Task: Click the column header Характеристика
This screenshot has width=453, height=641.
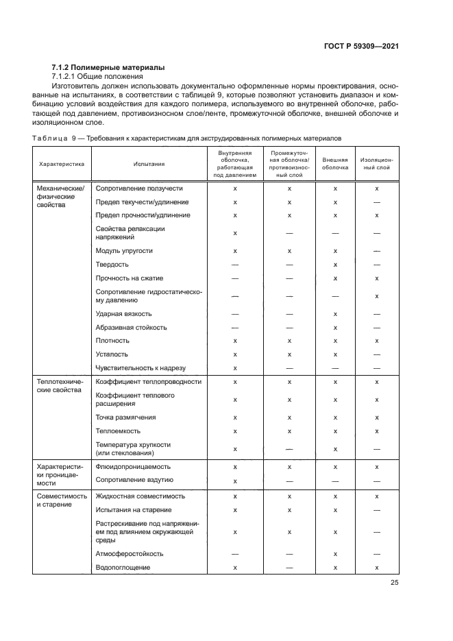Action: [61, 164]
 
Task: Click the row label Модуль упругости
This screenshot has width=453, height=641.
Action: [124, 251]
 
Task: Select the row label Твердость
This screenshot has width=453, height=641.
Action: [112, 265]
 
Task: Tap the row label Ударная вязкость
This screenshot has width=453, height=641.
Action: [123, 313]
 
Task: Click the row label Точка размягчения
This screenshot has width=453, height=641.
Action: [125, 417]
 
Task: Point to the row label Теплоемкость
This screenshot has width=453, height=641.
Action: [118, 431]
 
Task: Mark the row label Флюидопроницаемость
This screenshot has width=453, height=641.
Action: [134, 466]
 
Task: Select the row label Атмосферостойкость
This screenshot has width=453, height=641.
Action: [129, 553]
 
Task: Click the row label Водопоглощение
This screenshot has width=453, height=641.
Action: [123, 568]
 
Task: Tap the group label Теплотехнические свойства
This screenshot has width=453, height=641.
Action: [58, 386]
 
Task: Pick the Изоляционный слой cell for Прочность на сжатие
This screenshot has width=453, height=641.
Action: [377, 278]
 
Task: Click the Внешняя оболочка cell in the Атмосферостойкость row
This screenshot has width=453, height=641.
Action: [335, 553]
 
